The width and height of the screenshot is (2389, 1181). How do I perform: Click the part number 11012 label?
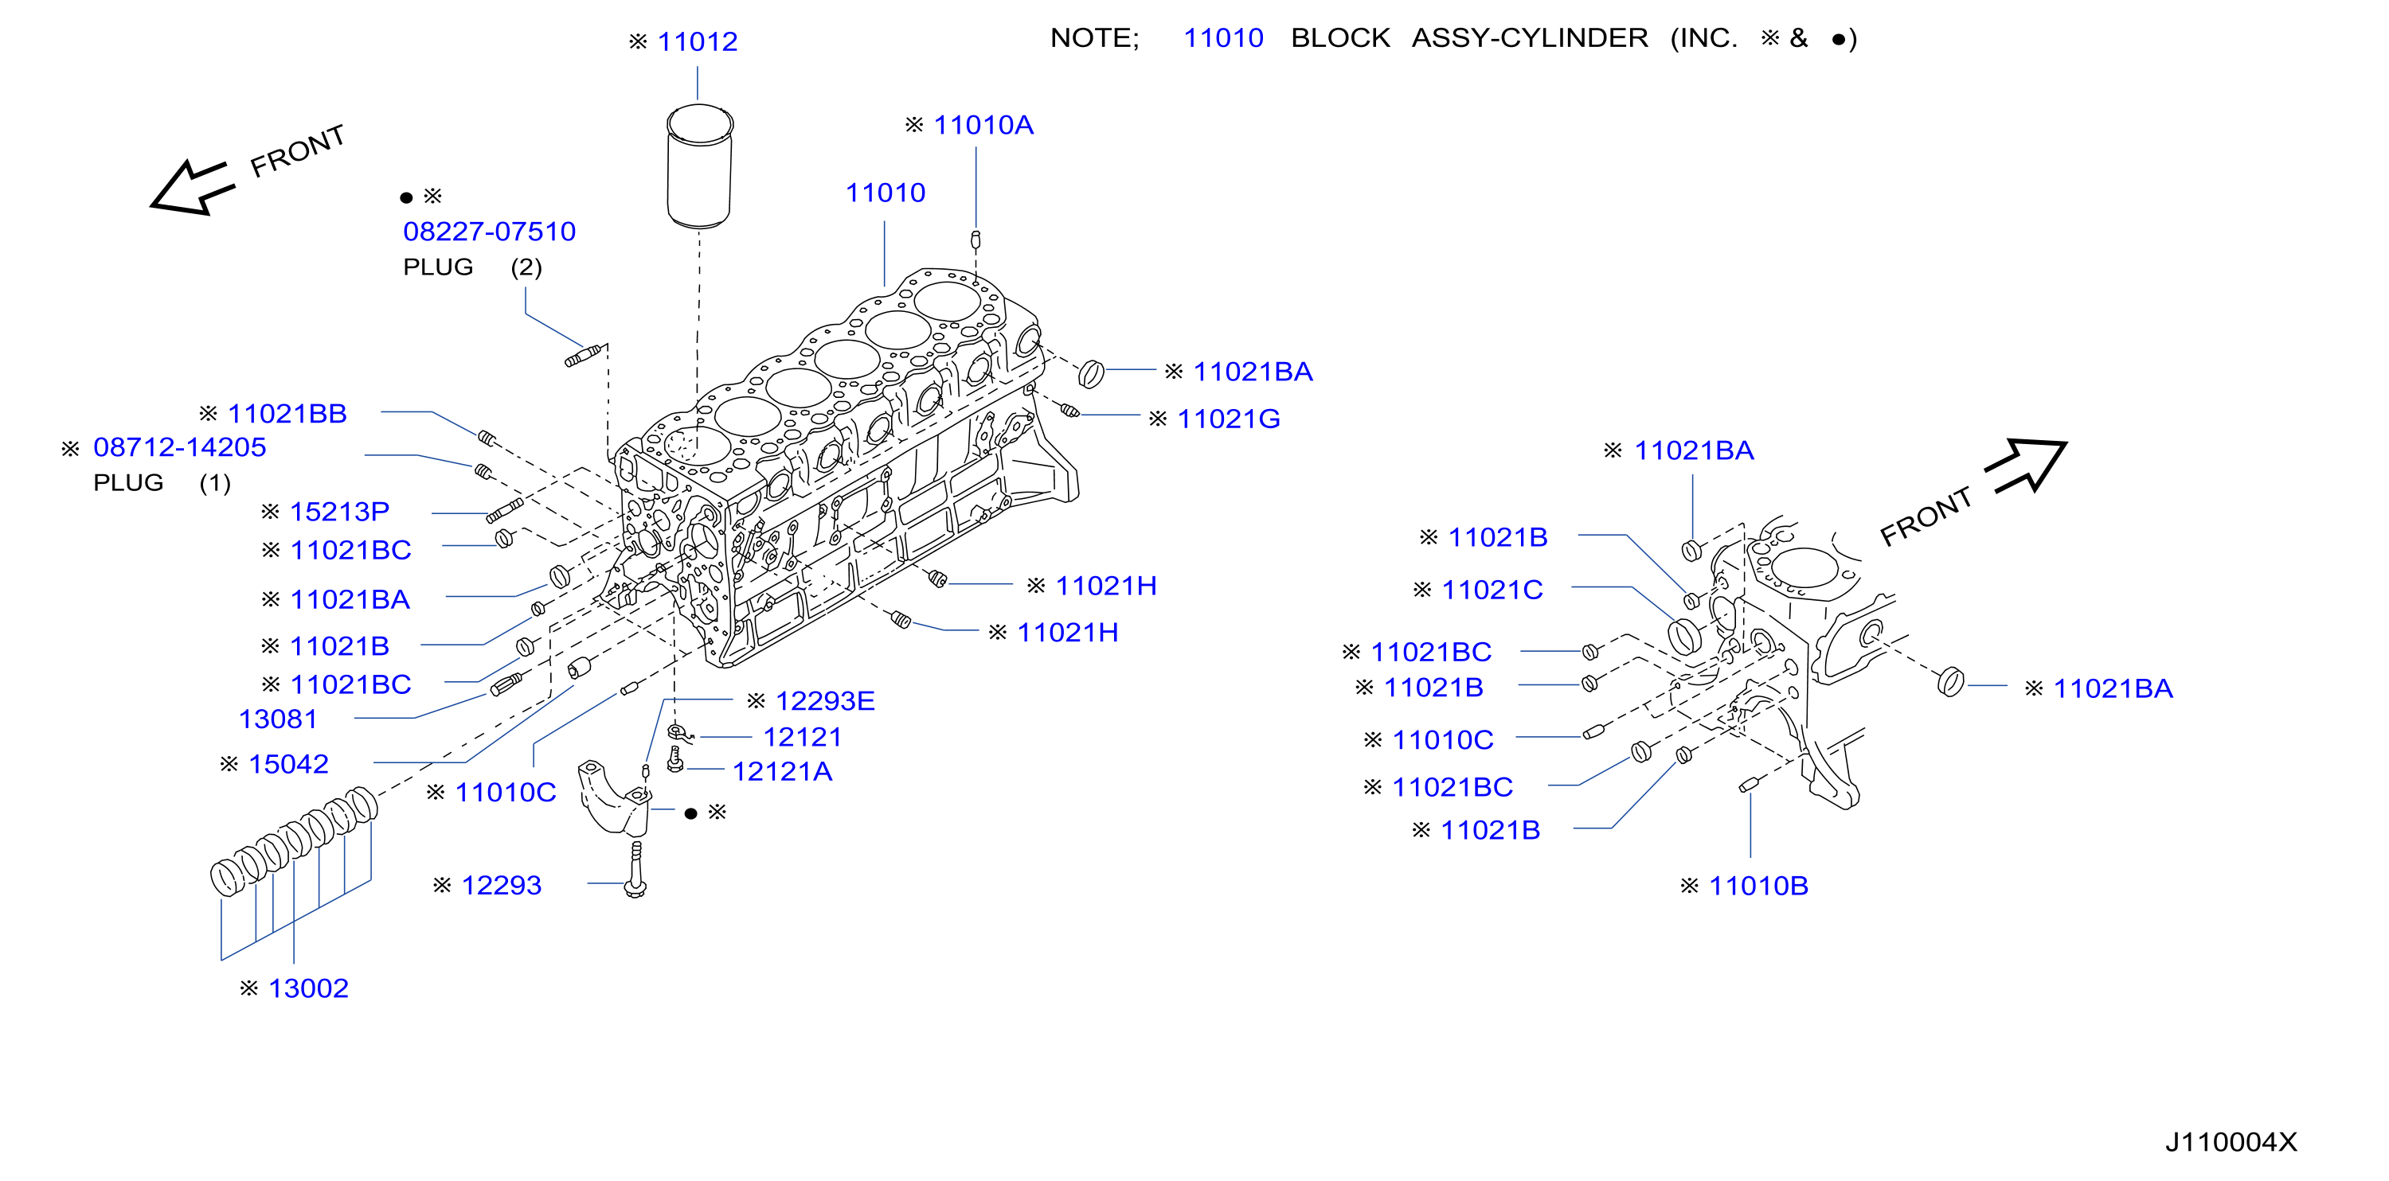click(698, 41)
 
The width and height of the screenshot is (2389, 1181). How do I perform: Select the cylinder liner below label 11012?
click(700, 166)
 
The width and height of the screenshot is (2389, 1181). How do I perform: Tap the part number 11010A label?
click(983, 125)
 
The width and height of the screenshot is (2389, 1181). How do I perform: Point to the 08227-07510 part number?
click(489, 232)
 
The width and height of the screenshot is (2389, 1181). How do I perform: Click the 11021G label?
click(1228, 419)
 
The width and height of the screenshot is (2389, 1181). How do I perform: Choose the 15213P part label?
click(339, 512)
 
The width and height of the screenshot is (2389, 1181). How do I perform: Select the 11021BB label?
click(287, 414)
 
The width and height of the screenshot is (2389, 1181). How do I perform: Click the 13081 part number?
click(278, 719)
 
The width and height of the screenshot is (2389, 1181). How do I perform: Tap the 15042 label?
click(288, 764)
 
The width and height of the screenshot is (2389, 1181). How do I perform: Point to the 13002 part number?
click(308, 988)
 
